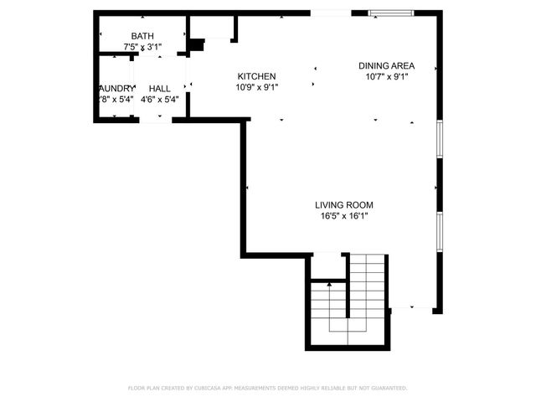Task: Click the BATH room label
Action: (142, 36)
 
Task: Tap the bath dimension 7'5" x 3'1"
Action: (142, 48)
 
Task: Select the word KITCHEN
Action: (256, 76)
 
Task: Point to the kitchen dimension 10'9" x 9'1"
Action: (256, 87)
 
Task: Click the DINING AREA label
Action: (386, 66)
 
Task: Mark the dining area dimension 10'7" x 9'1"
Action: (386, 77)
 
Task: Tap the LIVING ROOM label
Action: (343, 204)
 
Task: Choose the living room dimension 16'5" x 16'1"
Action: (343, 216)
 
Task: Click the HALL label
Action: (160, 88)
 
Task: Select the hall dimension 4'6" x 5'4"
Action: (160, 99)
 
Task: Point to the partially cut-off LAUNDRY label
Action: (116, 88)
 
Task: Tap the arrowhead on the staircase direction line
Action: (329, 285)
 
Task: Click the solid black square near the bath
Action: (196, 46)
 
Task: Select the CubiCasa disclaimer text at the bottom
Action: (267, 388)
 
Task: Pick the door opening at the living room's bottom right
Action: (402, 307)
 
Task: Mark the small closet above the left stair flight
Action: (327, 265)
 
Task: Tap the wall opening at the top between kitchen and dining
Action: (330, 13)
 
